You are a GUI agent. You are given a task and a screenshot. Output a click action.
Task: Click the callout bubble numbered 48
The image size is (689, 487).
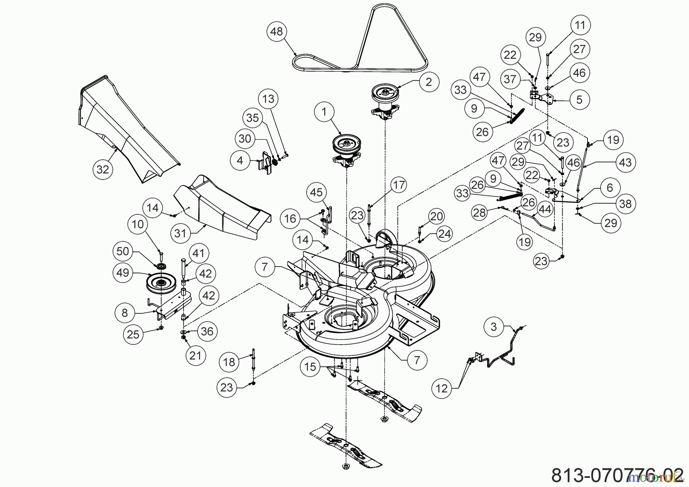coord(276,31)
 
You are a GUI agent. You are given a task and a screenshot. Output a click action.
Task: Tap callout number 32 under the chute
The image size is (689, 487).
coord(103,169)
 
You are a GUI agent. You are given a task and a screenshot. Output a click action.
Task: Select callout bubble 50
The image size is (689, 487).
coord(123,252)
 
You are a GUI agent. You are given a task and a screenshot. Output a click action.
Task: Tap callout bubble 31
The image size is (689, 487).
coord(180,233)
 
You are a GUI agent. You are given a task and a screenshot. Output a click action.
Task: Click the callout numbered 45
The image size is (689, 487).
coord(316,192)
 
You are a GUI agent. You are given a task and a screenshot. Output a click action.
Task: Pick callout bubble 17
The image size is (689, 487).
coord(399,185)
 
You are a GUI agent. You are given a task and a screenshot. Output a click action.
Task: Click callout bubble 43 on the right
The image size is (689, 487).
coord(625,162)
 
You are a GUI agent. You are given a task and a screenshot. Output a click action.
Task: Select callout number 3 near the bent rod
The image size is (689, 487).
coord(493,327)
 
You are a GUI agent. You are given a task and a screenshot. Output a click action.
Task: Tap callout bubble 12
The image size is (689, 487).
coord(441,388)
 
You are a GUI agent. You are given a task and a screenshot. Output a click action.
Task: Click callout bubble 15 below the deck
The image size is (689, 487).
coord(310,367)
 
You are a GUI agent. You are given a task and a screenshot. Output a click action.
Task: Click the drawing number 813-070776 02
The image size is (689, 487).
coord(617,475)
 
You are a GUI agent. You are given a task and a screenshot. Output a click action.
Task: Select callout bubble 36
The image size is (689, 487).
coord(207,331)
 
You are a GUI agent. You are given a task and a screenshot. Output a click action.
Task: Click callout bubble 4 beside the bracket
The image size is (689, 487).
coord(240,160)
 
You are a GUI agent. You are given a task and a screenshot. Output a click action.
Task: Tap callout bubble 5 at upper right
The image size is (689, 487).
coord(579,100)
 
